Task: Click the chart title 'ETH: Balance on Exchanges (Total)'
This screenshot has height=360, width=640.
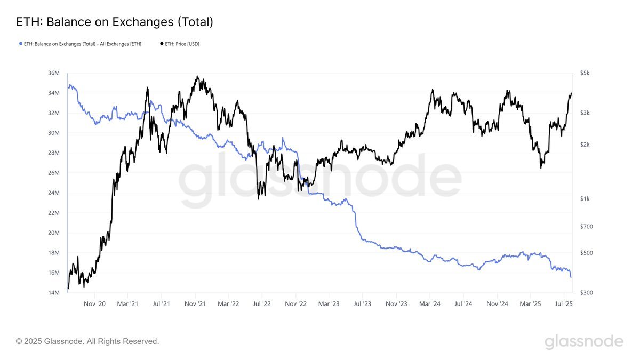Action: [x=115, y=22]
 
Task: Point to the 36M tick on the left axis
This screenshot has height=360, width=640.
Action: [x=54, y=73]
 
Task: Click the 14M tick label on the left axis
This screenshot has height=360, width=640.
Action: [x=54, y=293]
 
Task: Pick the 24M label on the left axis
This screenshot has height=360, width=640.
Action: [x=54, y=193]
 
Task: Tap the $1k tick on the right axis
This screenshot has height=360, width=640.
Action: [x=585, y=198]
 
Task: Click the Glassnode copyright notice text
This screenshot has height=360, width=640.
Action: [x=87, y=341]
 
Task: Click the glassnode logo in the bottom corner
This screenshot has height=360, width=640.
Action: [x=583, y=341]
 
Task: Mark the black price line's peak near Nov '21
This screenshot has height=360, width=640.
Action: [x=197, y=76]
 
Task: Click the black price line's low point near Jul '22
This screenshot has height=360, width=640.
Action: [x=258, y=198]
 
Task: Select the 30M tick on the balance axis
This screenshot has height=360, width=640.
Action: [x=54, y=133]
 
